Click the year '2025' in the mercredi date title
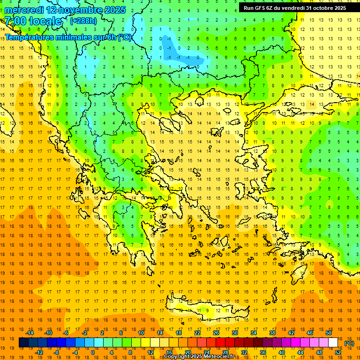coord(112,10)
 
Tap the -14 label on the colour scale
coord(30,333)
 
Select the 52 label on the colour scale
coord(338,352)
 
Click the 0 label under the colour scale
coord(92,352)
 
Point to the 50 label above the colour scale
coord(329,333)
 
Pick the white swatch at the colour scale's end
coord(333,343)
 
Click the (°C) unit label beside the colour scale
coord(349,343)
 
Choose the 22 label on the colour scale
coord(197,333)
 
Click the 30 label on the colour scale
coord(235,333)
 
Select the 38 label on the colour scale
coord(272,333)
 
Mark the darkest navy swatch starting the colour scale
coord(23,343)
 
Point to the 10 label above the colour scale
coord(141,333)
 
